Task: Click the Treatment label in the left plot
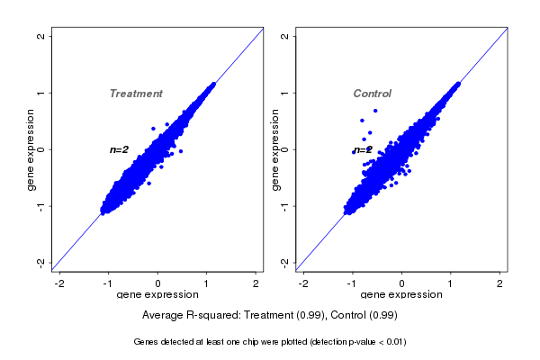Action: (x=136, y=94)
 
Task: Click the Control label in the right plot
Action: (x=372, y=94)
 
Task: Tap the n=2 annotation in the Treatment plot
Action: (x=120, y=149)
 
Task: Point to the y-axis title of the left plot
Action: (x=31, y=149)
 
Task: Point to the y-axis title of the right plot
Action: (x=275, y=149)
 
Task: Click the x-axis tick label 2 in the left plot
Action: (x=256, y=283)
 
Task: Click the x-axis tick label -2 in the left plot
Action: (x=59, y=283)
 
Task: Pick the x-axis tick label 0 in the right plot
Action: (x=401, y=283)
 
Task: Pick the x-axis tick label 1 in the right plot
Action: (x=451, y=283)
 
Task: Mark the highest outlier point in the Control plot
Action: (x=374, y=111)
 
